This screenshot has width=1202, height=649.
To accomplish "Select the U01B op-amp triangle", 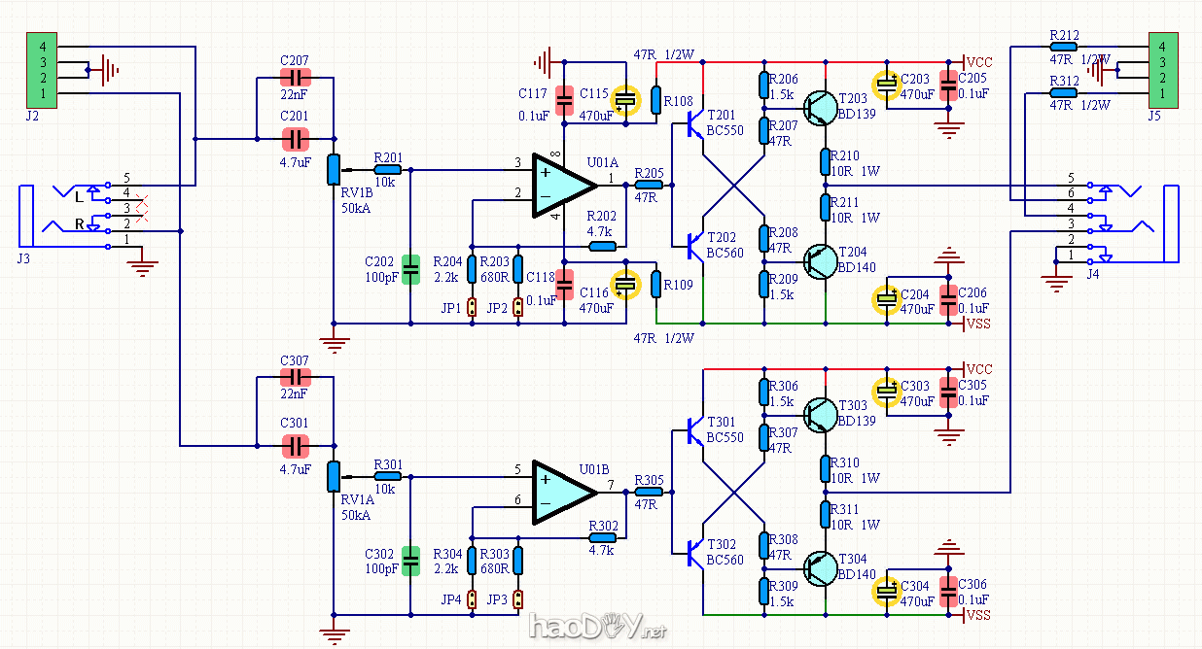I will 561,493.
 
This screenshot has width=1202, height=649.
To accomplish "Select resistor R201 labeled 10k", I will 387,170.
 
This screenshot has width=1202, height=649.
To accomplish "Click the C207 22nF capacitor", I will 295,79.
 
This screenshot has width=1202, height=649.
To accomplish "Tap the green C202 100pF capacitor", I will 410,264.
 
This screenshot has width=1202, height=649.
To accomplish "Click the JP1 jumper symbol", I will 472,308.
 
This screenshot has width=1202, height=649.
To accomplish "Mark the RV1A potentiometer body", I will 334,476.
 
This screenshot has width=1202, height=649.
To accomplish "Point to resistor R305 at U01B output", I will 649,492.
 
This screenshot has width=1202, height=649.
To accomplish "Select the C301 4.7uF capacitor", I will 295,446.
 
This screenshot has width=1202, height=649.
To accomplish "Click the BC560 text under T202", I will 725,253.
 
